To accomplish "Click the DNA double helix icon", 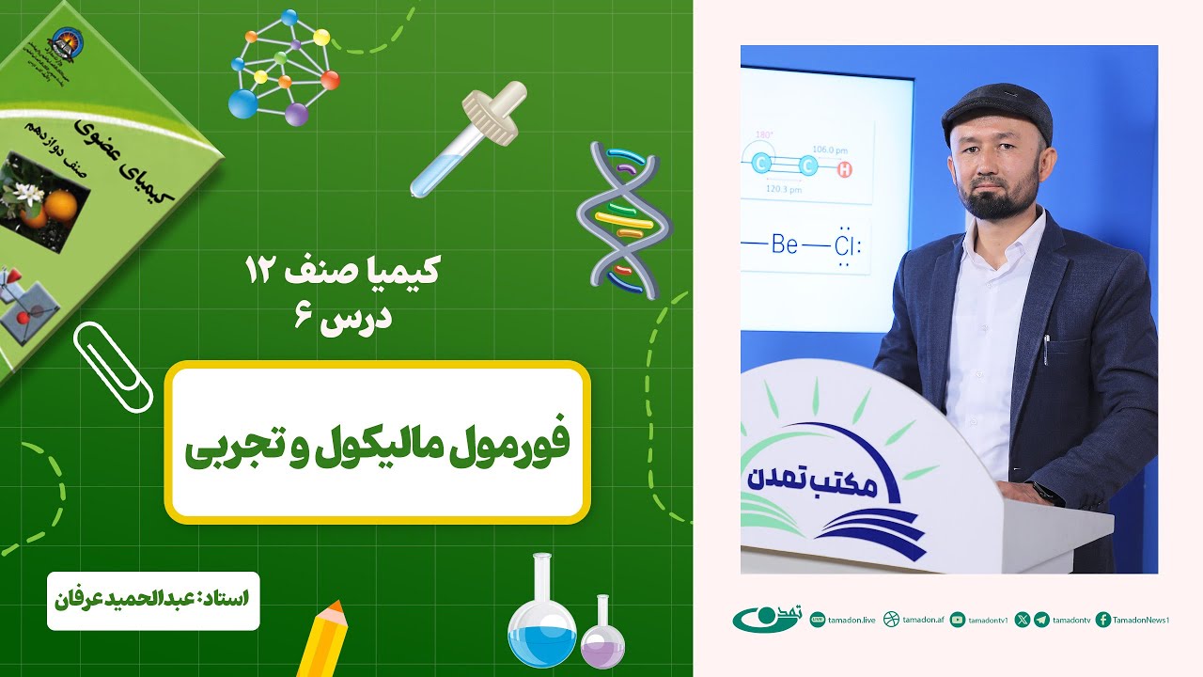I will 623,219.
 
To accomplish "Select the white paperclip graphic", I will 113,367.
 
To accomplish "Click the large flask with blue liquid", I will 542,616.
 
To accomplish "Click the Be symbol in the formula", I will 784,245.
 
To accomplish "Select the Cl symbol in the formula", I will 847,246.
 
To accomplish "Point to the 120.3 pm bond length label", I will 783,189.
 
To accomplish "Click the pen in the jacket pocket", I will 1045,350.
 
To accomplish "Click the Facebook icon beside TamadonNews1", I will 1103,620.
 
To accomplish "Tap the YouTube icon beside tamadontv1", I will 958,620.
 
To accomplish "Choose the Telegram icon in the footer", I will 1041,620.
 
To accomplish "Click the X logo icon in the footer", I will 1023,620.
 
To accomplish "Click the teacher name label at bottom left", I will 153,596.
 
